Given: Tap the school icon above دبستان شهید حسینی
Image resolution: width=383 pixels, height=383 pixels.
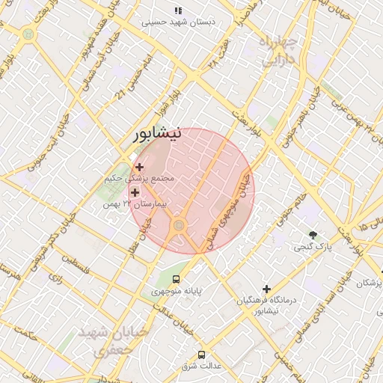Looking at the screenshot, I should pyautogui.click(x=178, y=10).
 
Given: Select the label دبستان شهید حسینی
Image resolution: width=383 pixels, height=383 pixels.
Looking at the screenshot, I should pyautogui.click(x=178, y=22).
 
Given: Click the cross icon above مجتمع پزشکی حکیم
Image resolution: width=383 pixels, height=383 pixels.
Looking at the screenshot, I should pyautogui.click(x=140, y=166).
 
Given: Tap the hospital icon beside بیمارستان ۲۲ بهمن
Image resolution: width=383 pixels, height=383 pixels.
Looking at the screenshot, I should pyautogui.click(x=135, y=193).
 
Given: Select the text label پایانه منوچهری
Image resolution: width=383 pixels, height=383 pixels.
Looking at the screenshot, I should pyautogui.click(x=177, y=291).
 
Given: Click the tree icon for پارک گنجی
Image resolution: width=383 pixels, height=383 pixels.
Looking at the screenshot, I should pyautogui.click(x=313, y=235).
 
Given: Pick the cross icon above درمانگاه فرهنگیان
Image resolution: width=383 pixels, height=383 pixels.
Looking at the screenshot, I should pyautogui.click(x=266, y=289).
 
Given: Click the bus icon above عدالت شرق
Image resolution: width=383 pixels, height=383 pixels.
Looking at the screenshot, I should pyautogui.click(x=200, y=355).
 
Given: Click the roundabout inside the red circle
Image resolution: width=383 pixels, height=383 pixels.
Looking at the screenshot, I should pyautogui.click(x=179, y=225).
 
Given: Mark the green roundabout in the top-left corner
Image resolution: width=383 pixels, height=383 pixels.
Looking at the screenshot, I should pyautogui.click(x=28, y=34).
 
